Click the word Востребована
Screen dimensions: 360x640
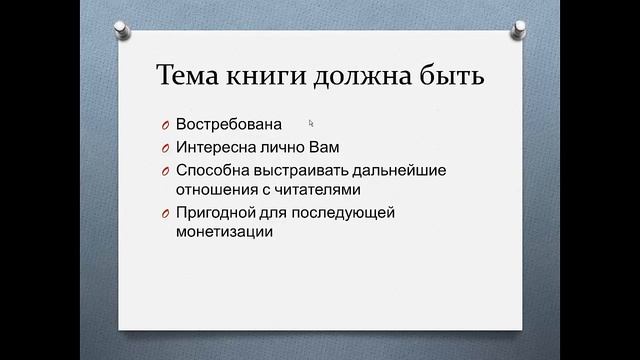click(x=228, y=125)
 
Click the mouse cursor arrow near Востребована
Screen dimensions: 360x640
click(x=311, y=123)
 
